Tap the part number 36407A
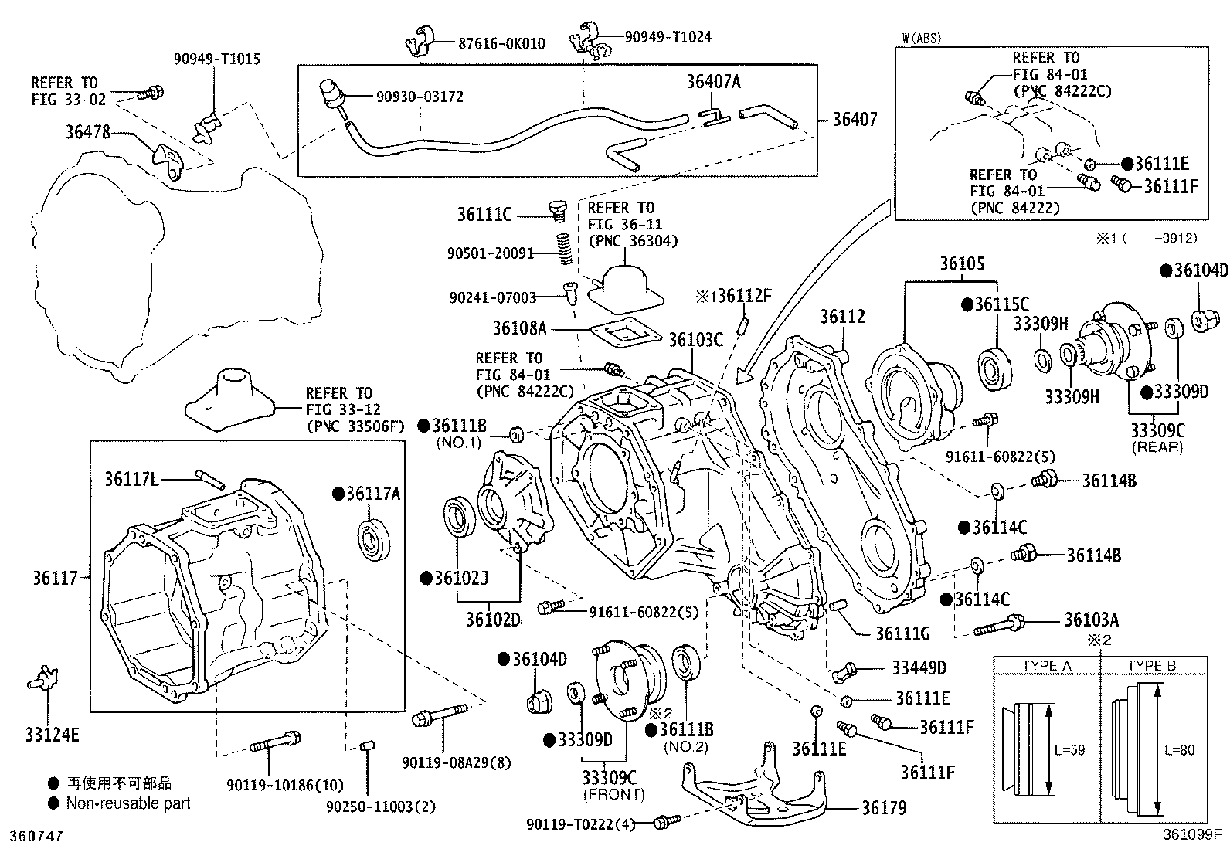713,81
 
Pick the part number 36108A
520,328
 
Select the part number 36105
962,263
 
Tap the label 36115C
1001,304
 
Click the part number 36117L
131,480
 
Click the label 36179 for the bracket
884,807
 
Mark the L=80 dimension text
1178,749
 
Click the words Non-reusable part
128,803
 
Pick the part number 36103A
1091,620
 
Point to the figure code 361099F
1191,835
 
